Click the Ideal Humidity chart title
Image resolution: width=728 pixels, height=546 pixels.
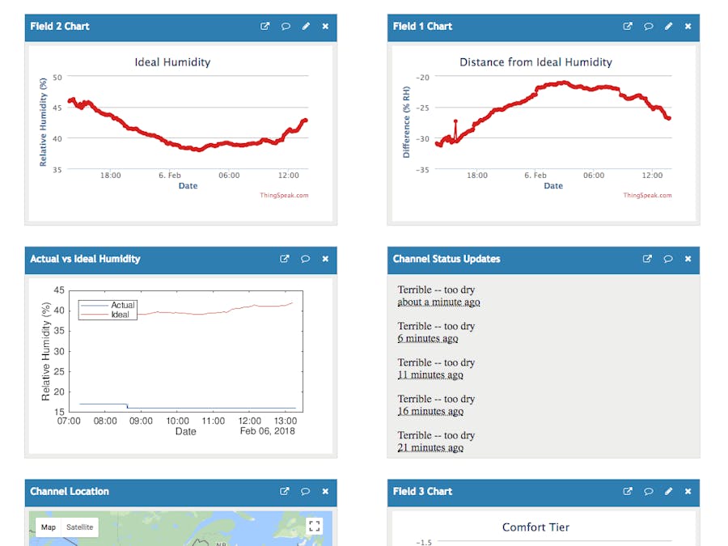coord(171,62)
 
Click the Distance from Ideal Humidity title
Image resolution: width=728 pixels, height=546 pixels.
coord(535,62)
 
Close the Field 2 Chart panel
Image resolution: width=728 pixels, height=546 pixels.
coord(325,26)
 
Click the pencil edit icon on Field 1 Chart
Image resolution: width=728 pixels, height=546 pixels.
coord(668,26)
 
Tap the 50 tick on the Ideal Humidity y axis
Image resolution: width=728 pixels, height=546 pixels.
coord(57,77)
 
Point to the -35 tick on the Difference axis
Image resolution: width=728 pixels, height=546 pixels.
coord(421,170)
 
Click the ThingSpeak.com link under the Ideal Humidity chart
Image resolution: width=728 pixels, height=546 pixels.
coord(284,195)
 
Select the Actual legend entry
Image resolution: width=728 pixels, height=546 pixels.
coord(122,305)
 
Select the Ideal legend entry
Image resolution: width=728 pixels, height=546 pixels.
coord(121,314)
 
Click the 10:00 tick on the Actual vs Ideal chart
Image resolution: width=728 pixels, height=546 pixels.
coord(177,421)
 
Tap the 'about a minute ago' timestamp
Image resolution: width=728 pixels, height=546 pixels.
coord(438,303)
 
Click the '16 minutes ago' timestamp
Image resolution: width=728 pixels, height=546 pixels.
coord(430,412)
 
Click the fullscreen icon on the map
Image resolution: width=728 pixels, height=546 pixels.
coord(315,526)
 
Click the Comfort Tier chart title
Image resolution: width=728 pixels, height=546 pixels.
coord(535,527)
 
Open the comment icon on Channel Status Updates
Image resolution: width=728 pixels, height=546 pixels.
coord(668,259)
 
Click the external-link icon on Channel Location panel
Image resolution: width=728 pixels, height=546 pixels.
coord(285,491)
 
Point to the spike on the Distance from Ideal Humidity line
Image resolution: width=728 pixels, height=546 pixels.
coord(455,122)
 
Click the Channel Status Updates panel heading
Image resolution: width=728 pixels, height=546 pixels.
coord(447,259)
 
